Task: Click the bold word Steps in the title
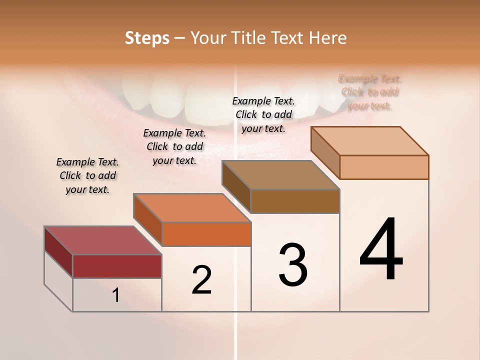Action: [x=146, y=38]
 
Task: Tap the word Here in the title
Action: [x=327, y=38]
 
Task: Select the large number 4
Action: [x=381, y=250]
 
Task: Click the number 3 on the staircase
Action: [x=293, y=265]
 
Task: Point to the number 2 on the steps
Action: [x=201, y=280]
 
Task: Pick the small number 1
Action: [x=116, y=295]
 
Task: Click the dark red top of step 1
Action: [x=102, y=240]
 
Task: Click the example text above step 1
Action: [x=87, y=175]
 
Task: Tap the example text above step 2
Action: [x=174, y=146]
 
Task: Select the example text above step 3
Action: [x=263, y=114]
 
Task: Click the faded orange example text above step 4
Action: [x=370, y=92]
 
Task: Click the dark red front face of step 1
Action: [x=117, y=266]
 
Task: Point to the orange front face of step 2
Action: [x=206, y=234]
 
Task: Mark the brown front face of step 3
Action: [x=295, y=201]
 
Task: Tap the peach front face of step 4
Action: [x=384, y=167]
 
